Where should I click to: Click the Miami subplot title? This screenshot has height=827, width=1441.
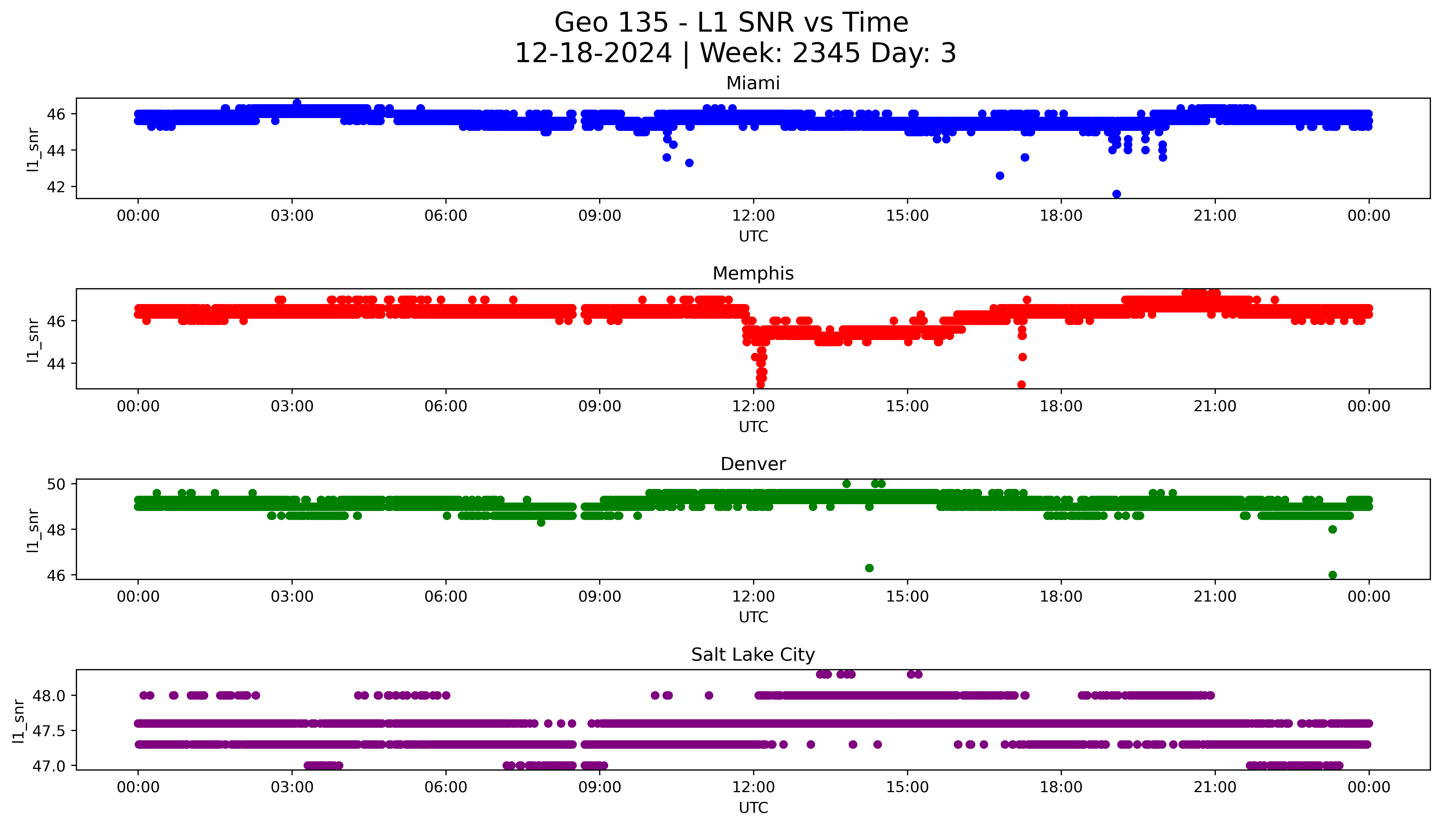(753, 83)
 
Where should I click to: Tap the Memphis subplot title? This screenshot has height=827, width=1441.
(753, 274)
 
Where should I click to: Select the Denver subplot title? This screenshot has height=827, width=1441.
(753, 464)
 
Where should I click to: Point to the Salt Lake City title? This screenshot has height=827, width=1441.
(753, 655)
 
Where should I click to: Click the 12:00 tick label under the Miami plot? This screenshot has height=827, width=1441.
(753, 216)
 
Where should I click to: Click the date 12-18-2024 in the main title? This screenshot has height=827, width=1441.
(593, 53)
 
